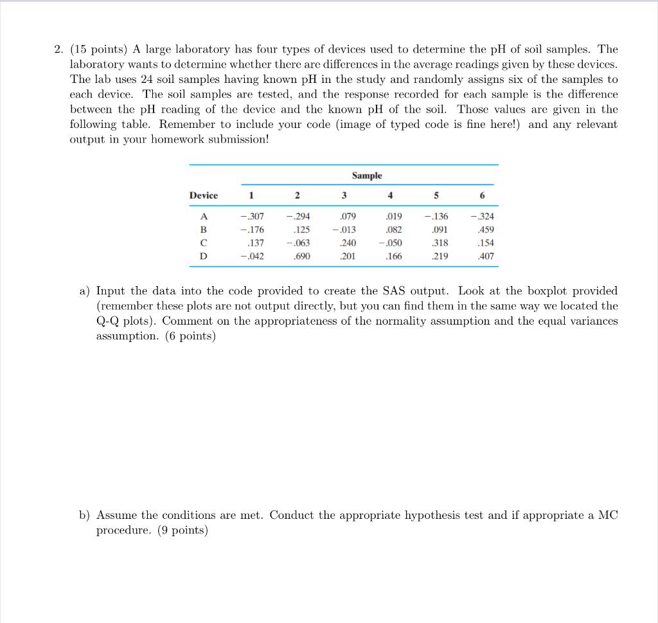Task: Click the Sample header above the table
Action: click(x=366, y=176)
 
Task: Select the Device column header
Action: click(x=203, y=195)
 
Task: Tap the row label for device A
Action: click(x=204, y=217)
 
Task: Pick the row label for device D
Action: click(x=204, y=256)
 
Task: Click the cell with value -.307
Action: click(x=251, y=217)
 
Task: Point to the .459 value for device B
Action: click(x=486, y=230)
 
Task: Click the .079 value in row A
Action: click(x=347, y=217)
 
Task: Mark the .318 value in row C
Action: click(x=440, y=243)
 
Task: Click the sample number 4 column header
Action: click(x=391, y=195)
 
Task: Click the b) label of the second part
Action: click(x=85, y=516)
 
